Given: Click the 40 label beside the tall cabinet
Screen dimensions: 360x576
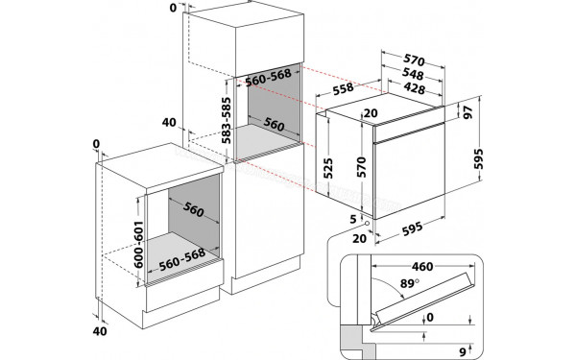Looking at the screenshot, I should (x=170, y=123).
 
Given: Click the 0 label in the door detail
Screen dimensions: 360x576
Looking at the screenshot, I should (x=431, y=317).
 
